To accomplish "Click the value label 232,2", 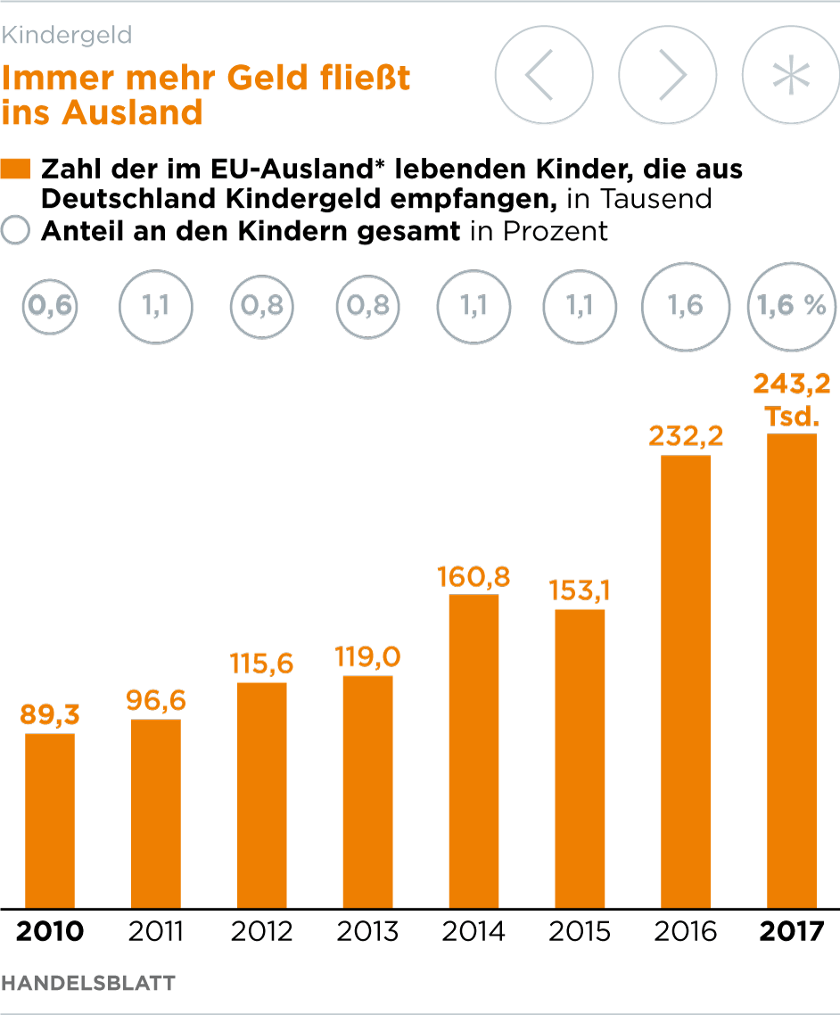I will point(686,437).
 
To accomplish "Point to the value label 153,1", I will point(580,591).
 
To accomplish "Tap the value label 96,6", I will point(156,701).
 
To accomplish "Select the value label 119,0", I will point(367,658).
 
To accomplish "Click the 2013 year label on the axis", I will point(367,932).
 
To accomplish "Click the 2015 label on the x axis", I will point(580,932).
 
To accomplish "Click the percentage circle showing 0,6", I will point(50,306).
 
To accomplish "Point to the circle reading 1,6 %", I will point(791,306).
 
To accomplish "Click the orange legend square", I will point(16,169).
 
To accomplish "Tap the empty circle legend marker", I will point(16,231).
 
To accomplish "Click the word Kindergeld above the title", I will point(67,36).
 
